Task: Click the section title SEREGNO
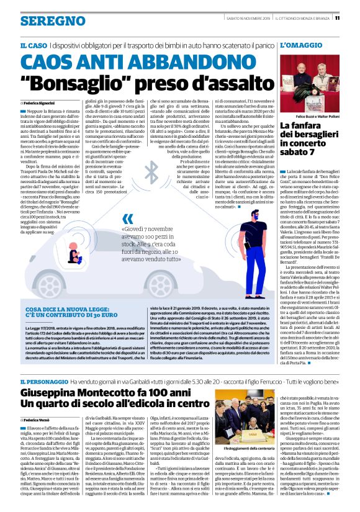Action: (44, 20)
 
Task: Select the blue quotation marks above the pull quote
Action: (127, 218)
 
